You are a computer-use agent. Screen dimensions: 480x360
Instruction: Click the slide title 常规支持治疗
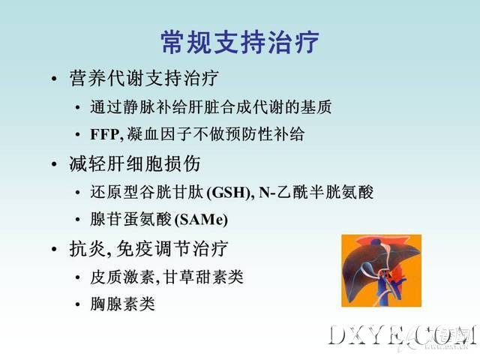[x=240, y=42]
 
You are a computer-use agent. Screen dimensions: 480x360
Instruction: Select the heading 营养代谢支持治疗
[x=144, y=78]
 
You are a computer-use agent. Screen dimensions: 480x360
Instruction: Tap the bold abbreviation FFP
[x=105, y=134]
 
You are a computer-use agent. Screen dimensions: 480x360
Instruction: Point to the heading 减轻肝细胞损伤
[x=135, y=163]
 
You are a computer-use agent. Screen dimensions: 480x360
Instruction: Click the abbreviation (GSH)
[x=229, y=193]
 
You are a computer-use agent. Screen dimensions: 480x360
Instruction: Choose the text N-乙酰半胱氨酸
[x=316, y=193]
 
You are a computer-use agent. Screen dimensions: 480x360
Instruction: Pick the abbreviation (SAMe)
[x=201, y=220]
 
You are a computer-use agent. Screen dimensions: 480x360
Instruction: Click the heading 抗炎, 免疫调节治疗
[x=148, y=248]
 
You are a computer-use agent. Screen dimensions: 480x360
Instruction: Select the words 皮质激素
[x=122, y=277]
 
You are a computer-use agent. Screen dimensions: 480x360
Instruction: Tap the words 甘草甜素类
[x=203, y=277]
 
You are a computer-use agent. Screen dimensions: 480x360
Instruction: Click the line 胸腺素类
[x=122, y=304]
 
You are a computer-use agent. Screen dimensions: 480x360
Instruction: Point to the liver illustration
[x=382, y=271]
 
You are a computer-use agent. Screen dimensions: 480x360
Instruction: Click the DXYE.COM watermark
[x=403, y=335]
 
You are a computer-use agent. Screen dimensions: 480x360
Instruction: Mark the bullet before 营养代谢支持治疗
[x=54, y=79]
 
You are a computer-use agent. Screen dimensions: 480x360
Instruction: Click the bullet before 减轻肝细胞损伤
[x=54, y=164]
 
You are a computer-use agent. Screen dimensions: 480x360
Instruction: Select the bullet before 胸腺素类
[x=78, y=304]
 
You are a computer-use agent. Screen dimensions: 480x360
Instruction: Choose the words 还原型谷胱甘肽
[x=147, y=193]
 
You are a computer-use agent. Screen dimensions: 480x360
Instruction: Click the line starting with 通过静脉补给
[x=211, y=107]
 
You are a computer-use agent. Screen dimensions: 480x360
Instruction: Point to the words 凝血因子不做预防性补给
[x=216, y=134]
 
